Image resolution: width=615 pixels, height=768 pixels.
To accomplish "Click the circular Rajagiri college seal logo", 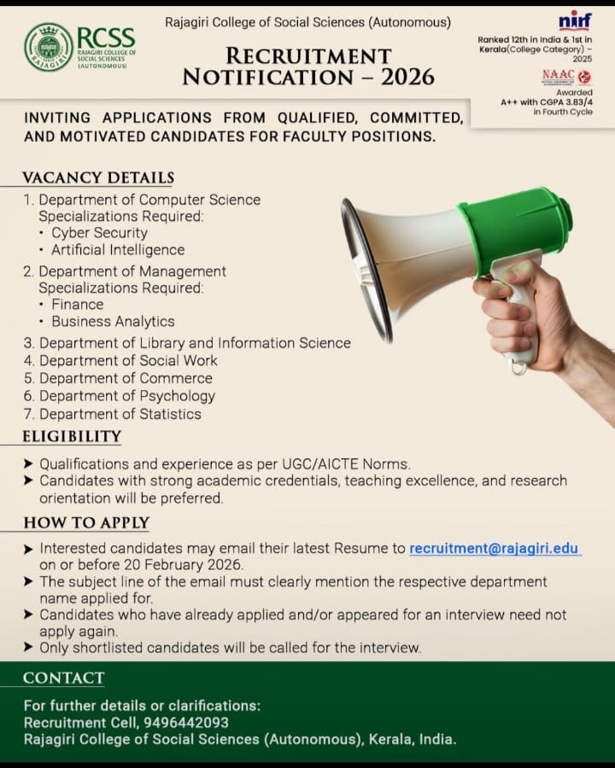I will (49, 46).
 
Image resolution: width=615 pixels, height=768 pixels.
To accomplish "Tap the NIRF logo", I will (574, 20).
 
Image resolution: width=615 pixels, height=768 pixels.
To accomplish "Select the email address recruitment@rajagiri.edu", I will (495, 549).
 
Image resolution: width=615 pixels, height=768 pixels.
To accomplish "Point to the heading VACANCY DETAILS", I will (97, 177).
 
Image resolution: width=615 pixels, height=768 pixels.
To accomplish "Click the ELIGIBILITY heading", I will (72, 437).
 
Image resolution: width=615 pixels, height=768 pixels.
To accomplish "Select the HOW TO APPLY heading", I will (85, 523).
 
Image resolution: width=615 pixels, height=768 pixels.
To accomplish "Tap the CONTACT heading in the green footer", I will (63, 678).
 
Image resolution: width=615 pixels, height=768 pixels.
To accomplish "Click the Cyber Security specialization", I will (99, 232).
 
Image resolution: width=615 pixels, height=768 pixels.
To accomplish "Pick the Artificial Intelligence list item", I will (118, 250).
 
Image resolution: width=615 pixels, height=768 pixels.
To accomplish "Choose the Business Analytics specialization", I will (113, 322).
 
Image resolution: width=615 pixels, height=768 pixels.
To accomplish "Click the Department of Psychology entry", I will (126, 396).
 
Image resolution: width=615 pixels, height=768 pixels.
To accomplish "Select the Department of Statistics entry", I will (120, 414).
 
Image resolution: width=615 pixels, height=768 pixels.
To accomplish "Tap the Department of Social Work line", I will (128, 360).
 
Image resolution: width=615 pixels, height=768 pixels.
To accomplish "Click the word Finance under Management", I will (77, 304).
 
